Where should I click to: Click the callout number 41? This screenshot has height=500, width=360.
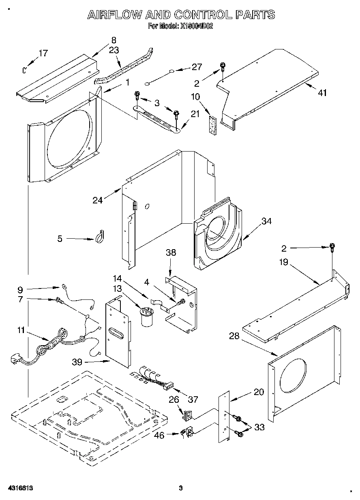[322, 93]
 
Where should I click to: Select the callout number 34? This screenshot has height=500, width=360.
[266, 221]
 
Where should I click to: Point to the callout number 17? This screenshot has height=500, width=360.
[43, 53]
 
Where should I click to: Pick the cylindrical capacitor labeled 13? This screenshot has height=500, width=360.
[146, 316]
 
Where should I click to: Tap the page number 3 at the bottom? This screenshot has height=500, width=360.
[181, 488]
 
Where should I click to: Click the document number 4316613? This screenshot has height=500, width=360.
[19, 488]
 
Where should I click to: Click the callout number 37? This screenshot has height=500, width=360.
[193, 400]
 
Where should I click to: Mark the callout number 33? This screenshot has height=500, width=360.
[258, 427]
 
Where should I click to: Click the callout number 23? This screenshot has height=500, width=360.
[114, 50]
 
